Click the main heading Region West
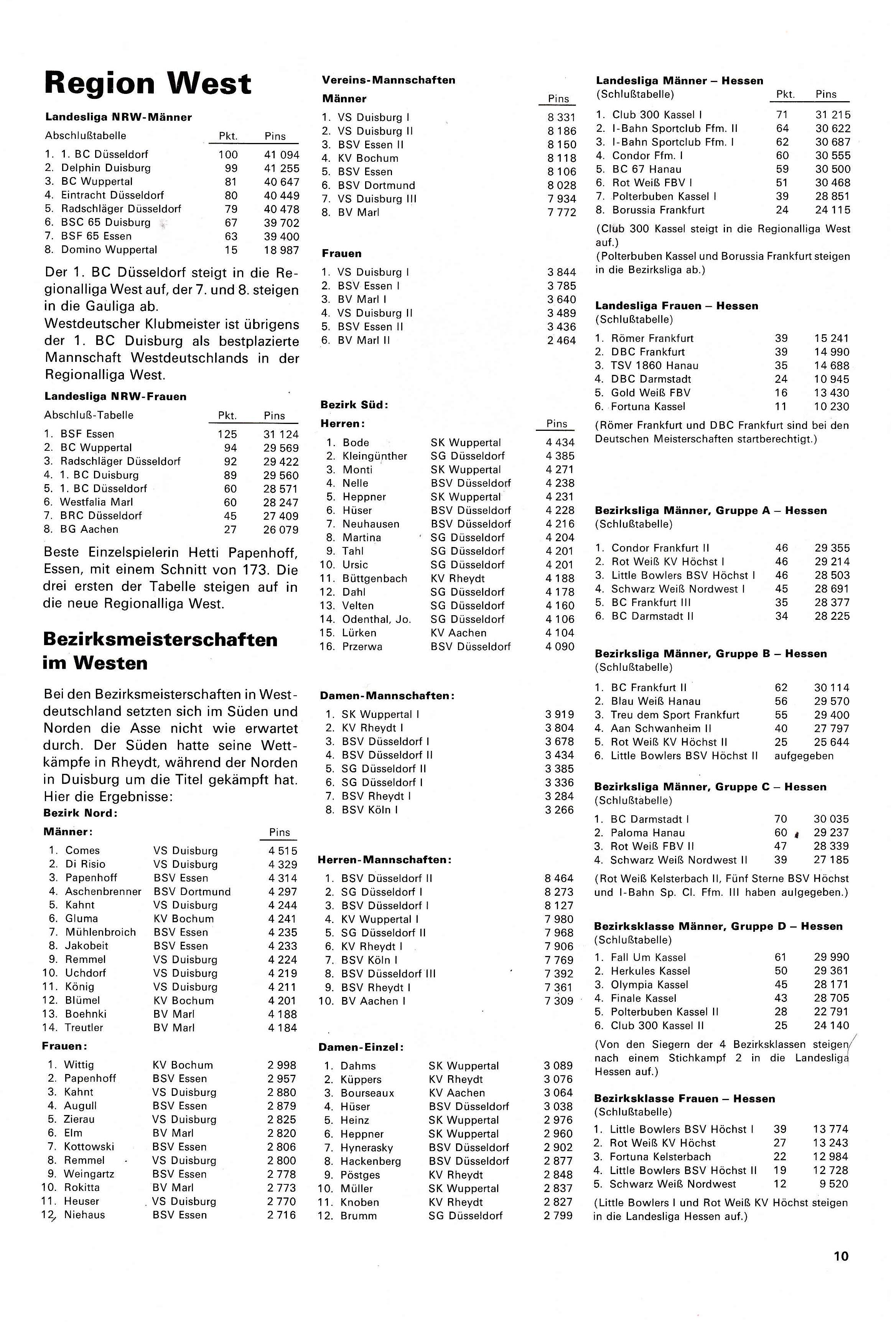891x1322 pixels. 148,84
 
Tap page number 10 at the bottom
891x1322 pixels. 841,1256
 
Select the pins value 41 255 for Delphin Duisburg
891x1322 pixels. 281,168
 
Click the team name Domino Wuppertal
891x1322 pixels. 109,250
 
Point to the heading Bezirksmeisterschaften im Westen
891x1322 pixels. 160,651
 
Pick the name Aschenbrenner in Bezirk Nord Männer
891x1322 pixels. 104,892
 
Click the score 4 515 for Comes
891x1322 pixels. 282,851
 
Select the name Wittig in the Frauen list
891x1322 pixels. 79,1065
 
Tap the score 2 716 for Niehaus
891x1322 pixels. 282,1215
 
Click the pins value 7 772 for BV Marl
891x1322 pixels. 562,212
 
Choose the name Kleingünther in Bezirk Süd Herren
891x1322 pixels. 374,456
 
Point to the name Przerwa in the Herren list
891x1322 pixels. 362,646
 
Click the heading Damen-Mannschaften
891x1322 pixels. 386,696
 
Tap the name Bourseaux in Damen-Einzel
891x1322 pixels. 367,1092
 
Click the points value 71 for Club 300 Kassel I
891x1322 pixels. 782,115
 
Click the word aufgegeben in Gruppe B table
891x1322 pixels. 804,756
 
